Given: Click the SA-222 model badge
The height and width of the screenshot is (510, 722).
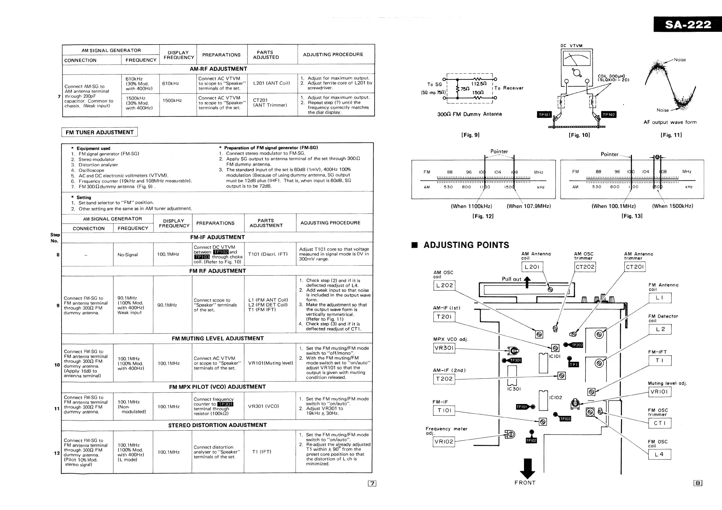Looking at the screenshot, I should point(687,24).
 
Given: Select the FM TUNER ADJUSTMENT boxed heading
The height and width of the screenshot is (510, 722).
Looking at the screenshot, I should point(99,132).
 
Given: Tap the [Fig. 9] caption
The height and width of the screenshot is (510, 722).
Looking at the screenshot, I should point(470,135).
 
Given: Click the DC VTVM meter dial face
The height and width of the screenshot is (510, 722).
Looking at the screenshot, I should point(577,58).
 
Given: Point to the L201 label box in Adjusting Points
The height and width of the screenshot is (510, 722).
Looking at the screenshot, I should point(532,267).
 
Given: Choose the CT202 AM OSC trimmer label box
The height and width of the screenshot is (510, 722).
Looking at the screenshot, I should point(585,267).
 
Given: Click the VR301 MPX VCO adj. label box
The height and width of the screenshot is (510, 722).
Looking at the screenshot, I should point(444,348).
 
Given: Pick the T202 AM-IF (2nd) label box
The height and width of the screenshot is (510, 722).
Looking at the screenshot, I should point(444,379).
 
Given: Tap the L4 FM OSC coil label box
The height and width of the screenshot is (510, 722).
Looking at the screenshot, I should point(660,454).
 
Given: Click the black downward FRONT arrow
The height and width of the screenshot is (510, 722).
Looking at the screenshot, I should point(528,468).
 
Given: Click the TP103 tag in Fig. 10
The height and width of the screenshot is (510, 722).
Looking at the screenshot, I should point(544,114).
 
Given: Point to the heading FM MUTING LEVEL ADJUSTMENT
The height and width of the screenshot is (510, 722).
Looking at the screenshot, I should point(218,339).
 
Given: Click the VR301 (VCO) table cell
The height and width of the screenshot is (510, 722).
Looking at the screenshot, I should point(264,406).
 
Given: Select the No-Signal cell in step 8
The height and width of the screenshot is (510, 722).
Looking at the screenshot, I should point(128,255).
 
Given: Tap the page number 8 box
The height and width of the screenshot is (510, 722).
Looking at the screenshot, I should point(698,483).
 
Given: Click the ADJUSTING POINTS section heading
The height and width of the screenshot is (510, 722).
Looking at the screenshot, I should point(466,245).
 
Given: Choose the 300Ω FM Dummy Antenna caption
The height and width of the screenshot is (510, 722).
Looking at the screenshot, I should point(469,114).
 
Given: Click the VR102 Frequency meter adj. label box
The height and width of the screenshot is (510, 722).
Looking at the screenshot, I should point(444,442).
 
